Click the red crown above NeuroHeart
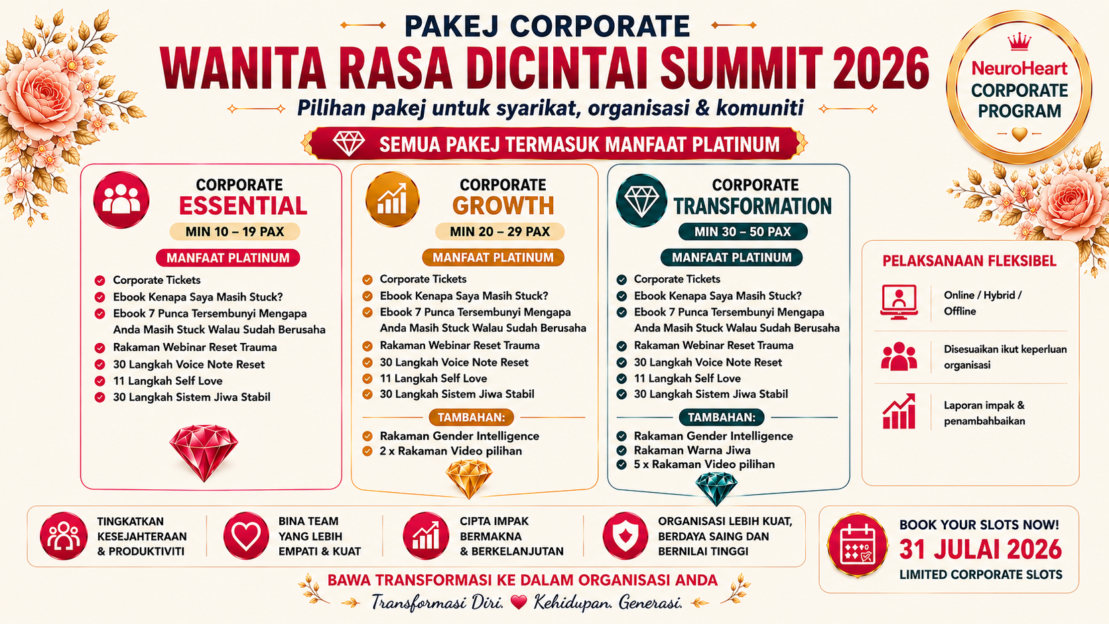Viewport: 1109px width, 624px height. (x=1019, y=42)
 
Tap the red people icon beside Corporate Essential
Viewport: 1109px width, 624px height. (x=121, y=200)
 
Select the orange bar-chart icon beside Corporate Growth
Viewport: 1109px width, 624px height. (x=393, y=200)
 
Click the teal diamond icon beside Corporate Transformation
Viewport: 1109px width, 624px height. (x=641, y=200)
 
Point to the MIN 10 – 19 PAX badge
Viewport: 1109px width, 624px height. (x=235, y=231)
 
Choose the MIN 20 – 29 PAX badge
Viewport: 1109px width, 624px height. (x=499, y=231)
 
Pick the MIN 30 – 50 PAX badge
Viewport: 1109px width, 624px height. (x=743, y=231)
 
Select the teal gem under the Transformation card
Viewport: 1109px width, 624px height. (x=716, y=488)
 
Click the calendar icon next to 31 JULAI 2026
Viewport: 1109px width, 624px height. (x=858, y=545)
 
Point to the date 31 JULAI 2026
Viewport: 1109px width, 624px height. (x=981, y=549)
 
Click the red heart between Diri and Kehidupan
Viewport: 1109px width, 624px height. (x=519, y=602)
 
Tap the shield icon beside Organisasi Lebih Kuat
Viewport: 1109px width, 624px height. (x=625, y=536)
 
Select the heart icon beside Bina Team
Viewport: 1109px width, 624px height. (x=246, y=536)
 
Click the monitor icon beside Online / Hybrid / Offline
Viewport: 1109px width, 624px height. (x=899, y=302)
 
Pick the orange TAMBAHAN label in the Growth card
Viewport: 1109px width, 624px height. (x=472, y=417)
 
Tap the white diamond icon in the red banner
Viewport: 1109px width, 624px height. (x=348, y=143)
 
